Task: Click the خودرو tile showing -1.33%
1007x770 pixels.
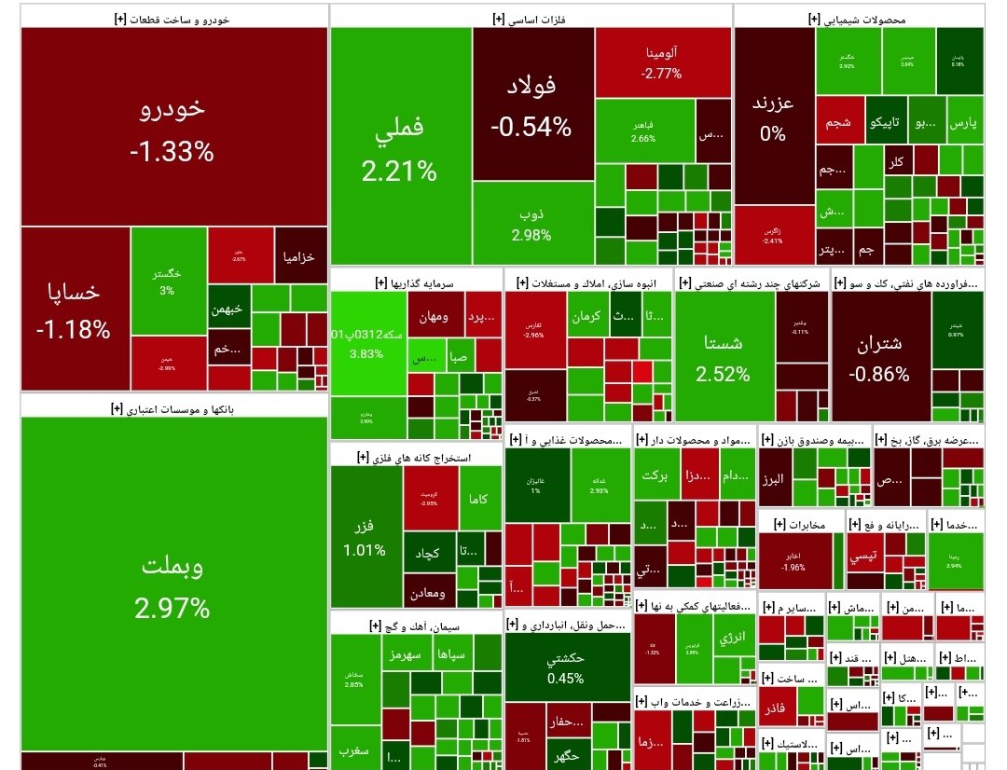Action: [173, 127]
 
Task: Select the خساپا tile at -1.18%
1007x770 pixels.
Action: [75, 308]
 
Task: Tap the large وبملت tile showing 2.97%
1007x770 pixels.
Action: [172, 583]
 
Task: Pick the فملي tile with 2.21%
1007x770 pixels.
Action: [400, 145]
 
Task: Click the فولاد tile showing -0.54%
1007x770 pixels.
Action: [532, 103]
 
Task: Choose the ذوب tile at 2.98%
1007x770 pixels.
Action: [532, 223]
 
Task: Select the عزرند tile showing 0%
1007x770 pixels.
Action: [773, 117]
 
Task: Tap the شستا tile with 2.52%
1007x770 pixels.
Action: [724, 356]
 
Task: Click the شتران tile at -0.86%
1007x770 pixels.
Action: [879, 356]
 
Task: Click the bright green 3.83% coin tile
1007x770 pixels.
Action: [367, 343]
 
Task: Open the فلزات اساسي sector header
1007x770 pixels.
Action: [531, 17]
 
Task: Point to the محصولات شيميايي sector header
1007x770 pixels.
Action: [859, 17]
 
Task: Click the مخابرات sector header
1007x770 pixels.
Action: [801, 524]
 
